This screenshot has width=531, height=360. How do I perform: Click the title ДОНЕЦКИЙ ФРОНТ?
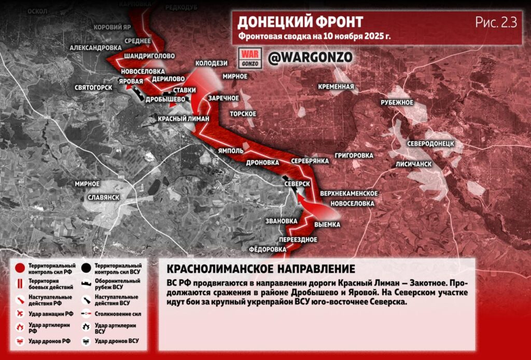(300, 22)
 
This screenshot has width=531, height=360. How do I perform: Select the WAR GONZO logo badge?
(250, 57)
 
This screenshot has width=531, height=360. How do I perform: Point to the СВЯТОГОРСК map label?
(93, 87)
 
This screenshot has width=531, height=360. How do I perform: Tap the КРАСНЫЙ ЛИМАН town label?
(183, 119)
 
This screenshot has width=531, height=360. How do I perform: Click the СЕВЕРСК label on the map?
(297, 184)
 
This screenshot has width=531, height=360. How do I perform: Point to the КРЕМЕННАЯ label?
(337, 87)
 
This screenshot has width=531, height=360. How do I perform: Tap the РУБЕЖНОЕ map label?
(397, 103)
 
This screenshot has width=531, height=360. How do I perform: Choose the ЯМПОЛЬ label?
(230, 150)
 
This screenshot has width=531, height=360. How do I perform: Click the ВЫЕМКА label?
(327, 225)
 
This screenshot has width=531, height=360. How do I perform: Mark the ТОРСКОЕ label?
(243, 114)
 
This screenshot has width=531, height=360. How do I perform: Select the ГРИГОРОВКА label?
(354, 155)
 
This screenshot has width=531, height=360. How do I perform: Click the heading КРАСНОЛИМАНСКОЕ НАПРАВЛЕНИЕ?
(261, 269)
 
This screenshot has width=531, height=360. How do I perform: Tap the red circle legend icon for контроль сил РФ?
(20, 268)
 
